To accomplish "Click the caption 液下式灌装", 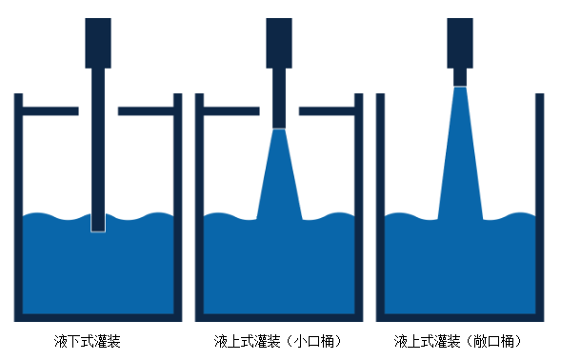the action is pos(88,340).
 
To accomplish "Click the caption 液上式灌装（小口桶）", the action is pos(277,340).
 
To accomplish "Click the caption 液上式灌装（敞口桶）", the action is pos(458,340).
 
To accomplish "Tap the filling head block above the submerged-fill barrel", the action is pos(98,43).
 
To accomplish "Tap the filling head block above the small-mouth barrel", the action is pos(279,43).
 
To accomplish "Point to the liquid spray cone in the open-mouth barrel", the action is pos(460,157).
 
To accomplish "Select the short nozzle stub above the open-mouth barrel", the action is pos(460,76).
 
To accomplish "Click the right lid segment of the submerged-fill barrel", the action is pos(146,111).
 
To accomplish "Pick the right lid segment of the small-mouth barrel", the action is pos(327,111).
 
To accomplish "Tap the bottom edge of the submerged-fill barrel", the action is pos(98,317).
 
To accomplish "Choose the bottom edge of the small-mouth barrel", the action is pos(279,317).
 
